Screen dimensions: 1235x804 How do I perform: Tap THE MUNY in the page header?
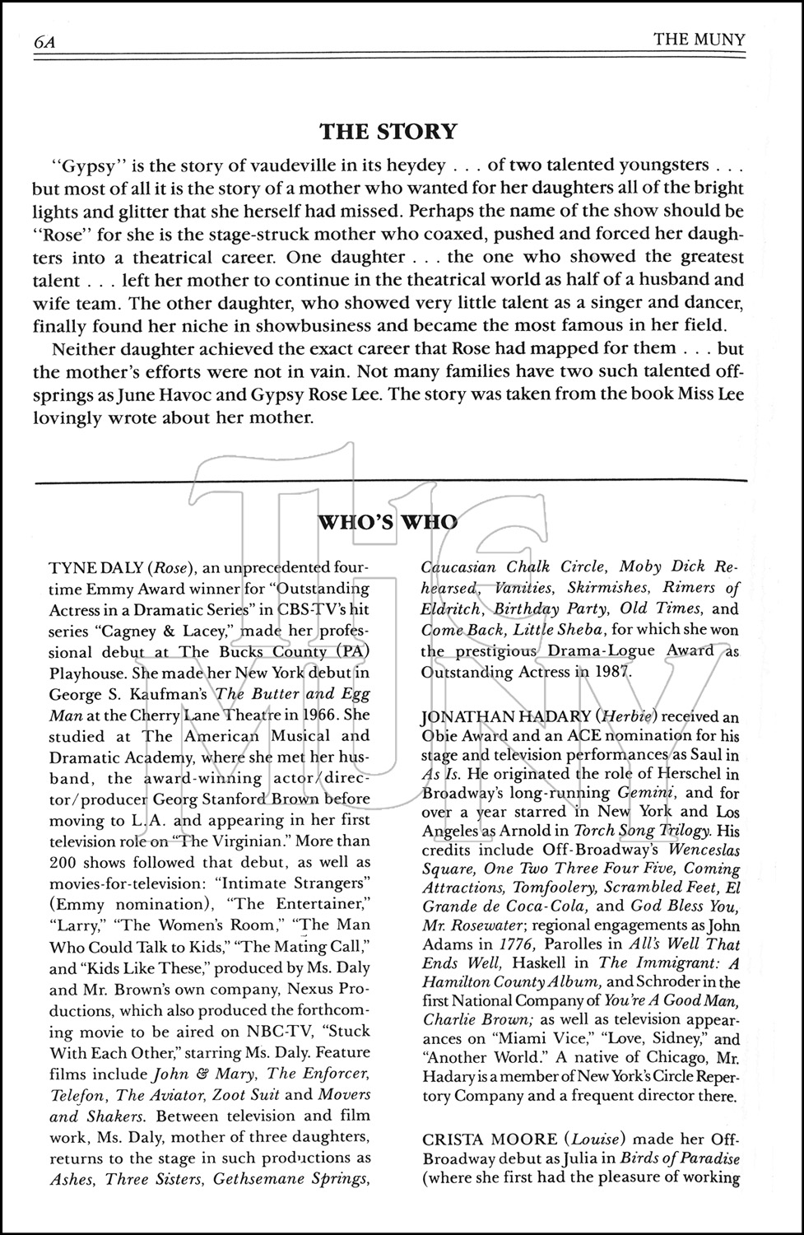pos(699,40)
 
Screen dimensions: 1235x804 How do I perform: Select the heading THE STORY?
pos(388,132)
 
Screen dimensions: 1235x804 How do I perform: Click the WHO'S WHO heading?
pos(387,521)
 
